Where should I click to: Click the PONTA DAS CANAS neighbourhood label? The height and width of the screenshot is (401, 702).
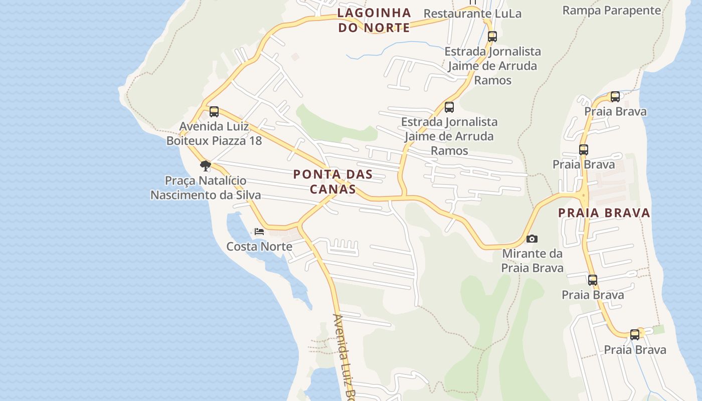[x=333, y=181]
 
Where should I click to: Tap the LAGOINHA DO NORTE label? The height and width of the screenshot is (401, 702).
[x=374, y=20]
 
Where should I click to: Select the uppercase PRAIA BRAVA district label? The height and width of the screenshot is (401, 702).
[x=604, y=213]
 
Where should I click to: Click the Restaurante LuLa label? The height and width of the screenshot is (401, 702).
[x=472, y=14]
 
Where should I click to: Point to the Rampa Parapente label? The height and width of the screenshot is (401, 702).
[x=612, y=10]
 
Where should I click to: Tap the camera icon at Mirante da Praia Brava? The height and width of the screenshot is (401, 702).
[x=532, y=239]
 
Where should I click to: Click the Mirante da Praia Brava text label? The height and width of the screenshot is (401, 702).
[x=533, y=261]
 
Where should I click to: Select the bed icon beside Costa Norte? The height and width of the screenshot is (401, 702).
[x=259, y=231]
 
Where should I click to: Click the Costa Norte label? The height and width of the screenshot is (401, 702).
[x=259, y=246]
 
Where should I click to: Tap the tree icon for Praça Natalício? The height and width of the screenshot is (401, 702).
[x=205, y=165]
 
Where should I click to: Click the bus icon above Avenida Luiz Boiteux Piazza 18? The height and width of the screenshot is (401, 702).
[x=214, y=111]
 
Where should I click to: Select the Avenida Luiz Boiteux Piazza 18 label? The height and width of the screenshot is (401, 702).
[x=214, y=133]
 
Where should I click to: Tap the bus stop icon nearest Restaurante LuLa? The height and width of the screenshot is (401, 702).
[x=492, y=36]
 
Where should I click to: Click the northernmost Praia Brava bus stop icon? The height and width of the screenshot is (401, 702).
[x=615, y=97]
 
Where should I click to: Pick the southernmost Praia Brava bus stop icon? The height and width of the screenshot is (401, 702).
[x=635, y=334]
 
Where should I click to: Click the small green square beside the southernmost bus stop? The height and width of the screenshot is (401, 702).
[x=658, y=329]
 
